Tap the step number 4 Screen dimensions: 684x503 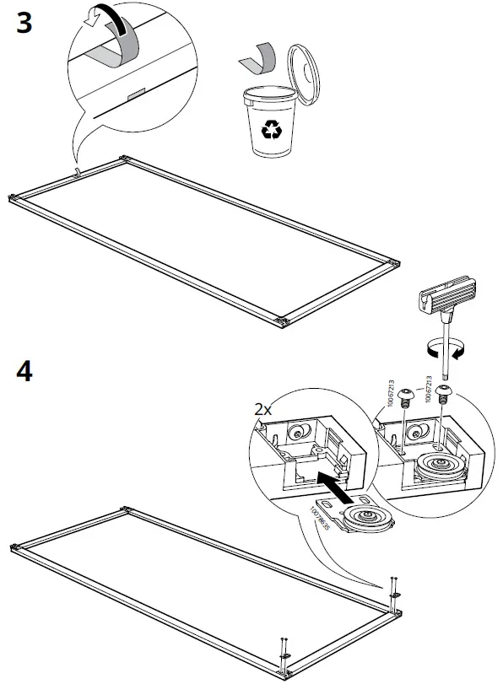24,371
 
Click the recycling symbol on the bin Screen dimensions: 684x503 273,129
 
